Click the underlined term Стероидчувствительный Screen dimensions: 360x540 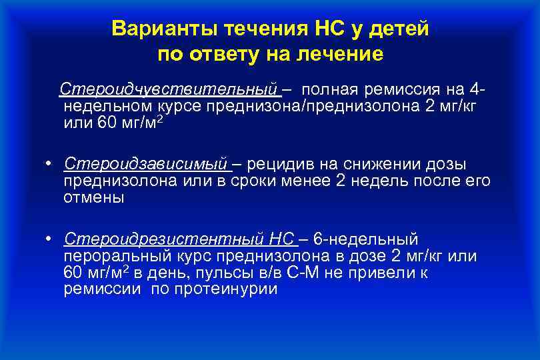(169, 89)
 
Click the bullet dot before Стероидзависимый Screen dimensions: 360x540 (50, 164)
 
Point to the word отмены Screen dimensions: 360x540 (93, 198)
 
